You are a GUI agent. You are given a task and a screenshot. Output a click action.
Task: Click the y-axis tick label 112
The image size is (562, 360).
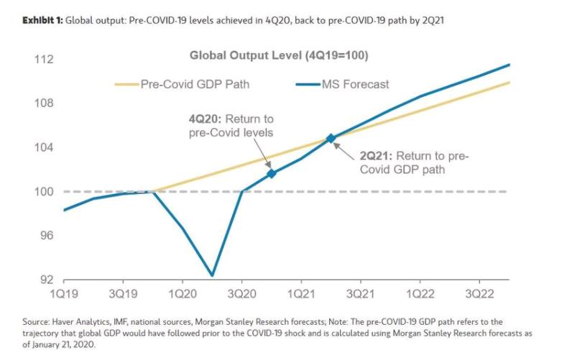[x=45, y=58]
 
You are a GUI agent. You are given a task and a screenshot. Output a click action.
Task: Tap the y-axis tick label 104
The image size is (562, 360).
[x=45, y=147]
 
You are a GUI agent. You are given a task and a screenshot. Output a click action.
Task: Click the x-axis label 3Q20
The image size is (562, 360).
[x=241, y=295]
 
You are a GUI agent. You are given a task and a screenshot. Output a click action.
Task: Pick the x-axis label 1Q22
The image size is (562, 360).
[x=419, y=295]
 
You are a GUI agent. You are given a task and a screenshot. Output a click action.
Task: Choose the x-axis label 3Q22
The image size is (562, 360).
[x=479, y=295]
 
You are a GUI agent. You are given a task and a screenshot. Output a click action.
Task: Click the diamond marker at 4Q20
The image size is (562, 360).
[x=271, y=173]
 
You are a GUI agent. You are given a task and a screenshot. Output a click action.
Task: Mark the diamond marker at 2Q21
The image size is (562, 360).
[x=331, y=138]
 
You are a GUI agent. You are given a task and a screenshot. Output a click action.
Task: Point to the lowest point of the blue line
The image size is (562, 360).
[x=212, y=275]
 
